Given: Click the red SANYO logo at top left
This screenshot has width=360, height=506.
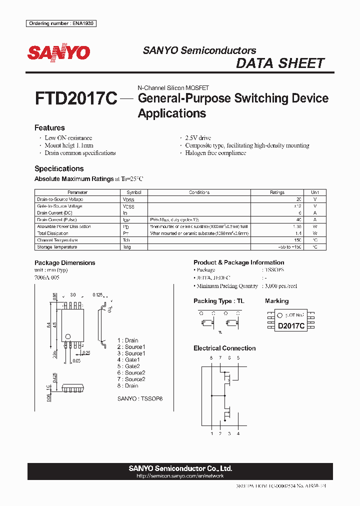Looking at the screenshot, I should (58, 52).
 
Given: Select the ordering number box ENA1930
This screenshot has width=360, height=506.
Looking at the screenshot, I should (61, 23).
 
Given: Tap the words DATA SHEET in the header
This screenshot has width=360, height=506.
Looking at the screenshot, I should (280, 63).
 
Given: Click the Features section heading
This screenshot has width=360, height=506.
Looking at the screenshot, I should (49, 128).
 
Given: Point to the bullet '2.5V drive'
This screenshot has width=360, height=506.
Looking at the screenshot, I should (198, 138).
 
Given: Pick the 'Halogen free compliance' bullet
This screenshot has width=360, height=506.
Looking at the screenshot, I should (215, 153).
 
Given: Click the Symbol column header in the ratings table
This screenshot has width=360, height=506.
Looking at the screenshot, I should (134, 192).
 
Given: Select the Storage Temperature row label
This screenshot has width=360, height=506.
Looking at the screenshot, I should (57, 247).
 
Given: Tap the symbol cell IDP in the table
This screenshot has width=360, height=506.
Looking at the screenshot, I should (126, 219).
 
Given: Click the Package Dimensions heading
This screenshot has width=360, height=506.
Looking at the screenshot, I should (64, 263).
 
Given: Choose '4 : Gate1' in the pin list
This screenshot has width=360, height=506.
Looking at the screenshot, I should (128, 360).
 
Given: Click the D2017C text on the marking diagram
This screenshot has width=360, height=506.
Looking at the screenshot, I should (291, 325).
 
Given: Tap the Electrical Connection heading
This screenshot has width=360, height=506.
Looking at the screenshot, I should (224, 348).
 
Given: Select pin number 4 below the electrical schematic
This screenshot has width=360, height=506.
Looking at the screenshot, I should (238, 433).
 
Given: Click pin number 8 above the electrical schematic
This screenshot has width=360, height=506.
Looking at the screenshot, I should (211, 358).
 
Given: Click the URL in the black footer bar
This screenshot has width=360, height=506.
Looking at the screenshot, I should (180, 476).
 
